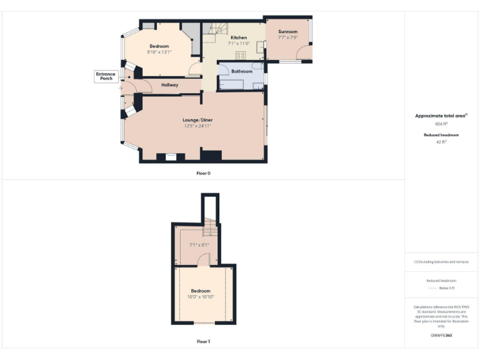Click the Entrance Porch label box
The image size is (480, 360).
[106, 76]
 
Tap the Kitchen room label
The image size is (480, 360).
[221, 37]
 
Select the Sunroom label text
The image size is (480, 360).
[287, 31]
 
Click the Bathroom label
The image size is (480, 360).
[242, 71]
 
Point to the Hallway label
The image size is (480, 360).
[170, 85]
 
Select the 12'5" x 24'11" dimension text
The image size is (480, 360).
[197, 126]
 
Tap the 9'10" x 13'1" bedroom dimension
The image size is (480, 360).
[159, 52]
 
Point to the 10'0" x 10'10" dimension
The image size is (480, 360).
[201, 296]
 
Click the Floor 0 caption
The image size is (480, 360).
[203, 172]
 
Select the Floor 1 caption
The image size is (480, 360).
[203, 342]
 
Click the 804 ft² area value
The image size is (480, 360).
[441, 124]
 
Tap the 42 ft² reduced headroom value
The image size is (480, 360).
[441, 142]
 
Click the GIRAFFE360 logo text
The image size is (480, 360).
[441, 336]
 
